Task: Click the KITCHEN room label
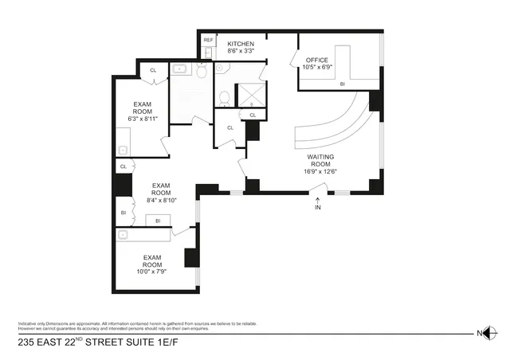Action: click(x=241, y=43)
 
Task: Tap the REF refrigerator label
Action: click(x=208, y=39)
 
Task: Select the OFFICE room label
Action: click(x=307, y=59)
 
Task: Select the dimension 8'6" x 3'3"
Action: click(x=241, y=51)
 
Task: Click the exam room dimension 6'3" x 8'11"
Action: click(x=143, y=119)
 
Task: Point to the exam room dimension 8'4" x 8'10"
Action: click(x=161, y=201)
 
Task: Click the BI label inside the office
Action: click(x=342, y=83)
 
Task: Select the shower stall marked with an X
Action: click(x=253, y=96)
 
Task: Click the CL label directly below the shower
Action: click(x=253, y=115)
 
